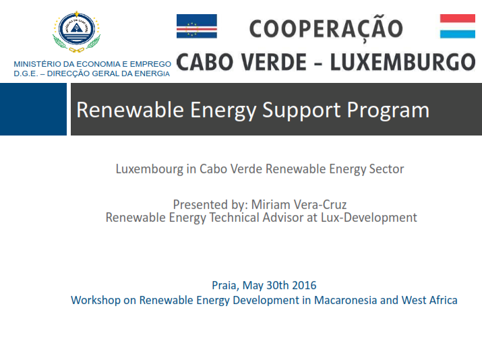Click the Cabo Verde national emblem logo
tap(77, 32)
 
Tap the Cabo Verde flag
tap(197, 26)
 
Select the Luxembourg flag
tap(458, 26)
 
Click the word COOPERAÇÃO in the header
tap(326, 29)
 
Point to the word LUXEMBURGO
tap(403, 62)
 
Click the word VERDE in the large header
tap(274, 62)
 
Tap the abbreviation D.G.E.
tap(26, 73)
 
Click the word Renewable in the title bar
tap(130, 110)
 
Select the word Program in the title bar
tap(388, 111)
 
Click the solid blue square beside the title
tap(33, 109)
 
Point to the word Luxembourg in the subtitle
tap(150, 169)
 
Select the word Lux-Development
tap(369, 218)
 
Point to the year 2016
tap(304, 285)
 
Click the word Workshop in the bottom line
tap(96, 301)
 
